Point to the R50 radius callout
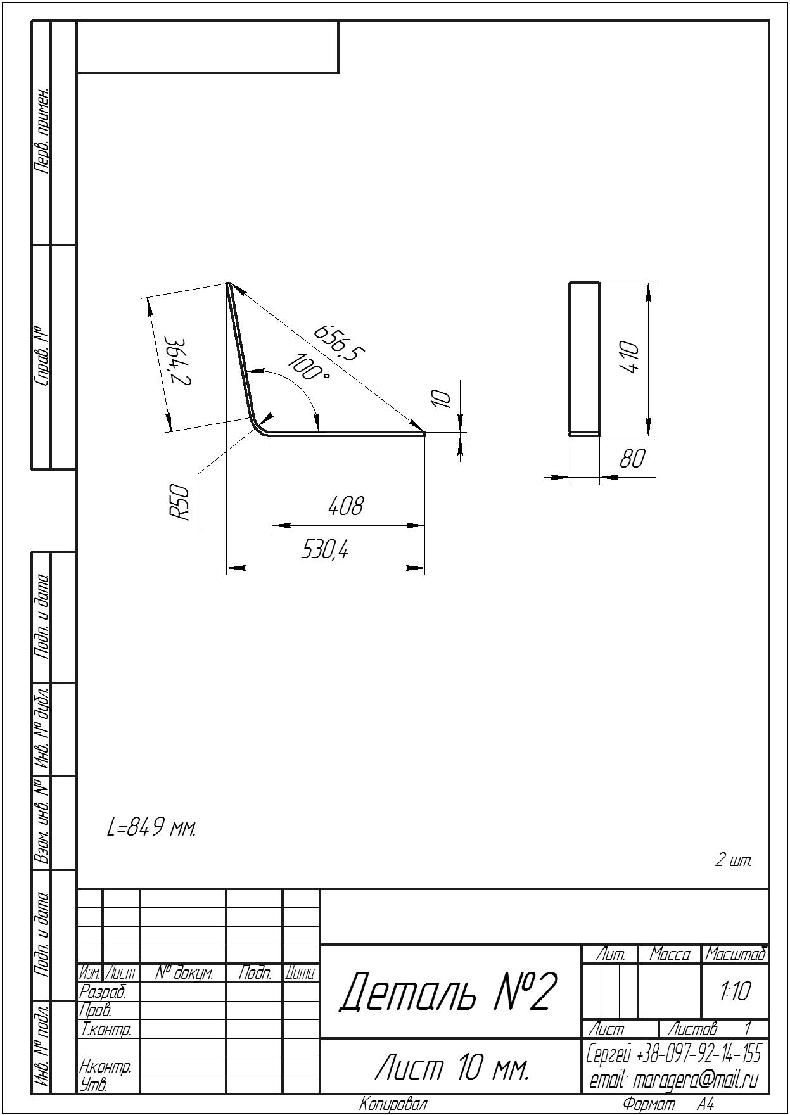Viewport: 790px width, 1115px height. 180,502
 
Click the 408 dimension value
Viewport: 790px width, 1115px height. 346,506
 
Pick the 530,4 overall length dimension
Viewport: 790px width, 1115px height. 324,550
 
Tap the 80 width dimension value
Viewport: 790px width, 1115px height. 632,458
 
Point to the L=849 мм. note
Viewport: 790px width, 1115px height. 152,827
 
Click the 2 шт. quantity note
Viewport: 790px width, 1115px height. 734,860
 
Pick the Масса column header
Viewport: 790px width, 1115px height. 670,955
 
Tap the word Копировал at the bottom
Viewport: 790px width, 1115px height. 393,1104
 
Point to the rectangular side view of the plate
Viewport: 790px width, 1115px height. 584,359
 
